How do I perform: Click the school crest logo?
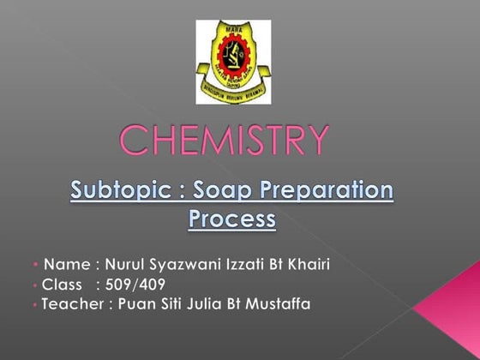pos(233,61)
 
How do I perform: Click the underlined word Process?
pos(231,219)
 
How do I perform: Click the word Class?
pos(62,284)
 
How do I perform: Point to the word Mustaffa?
pos(291,303)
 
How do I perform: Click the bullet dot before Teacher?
pos(34,304)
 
